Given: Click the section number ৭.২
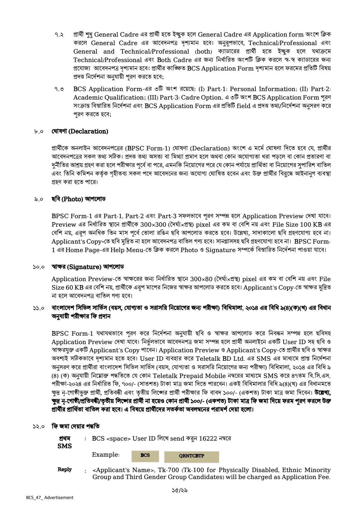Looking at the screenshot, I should tap(59, 35).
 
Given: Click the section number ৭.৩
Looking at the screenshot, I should tap(59, 89).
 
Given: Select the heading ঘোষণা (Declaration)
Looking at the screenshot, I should tap(80, 131).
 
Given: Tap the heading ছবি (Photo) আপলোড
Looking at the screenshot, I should tap(78, 199).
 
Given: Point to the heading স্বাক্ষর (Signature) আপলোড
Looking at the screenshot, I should tap(88, 267).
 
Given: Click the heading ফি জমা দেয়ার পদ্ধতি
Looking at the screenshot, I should tap(76, 426).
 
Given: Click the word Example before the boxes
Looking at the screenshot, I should tap(106, 455).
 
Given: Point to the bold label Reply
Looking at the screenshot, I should tap(65, 469).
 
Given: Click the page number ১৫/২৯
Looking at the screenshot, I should tap(180, 490).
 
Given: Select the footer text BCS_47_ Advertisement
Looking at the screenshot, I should tap(50, 498).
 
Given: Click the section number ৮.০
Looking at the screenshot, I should tap(39, 132).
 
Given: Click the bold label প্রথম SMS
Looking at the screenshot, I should tap(65, 442).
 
